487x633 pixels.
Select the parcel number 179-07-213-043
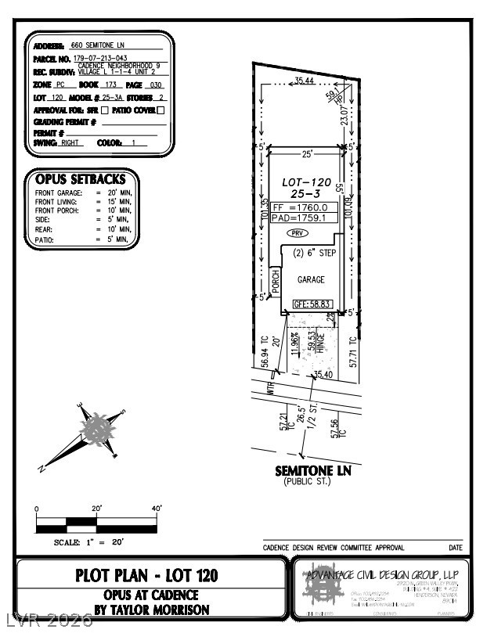(101, 57)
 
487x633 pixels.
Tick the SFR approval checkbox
(106, 110)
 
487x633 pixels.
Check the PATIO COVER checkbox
(161, 110)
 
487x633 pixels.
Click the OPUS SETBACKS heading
(81, 179)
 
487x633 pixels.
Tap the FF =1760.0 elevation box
(304, 208)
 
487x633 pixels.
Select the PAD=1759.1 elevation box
(304, 219)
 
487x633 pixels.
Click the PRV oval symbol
(298, 233)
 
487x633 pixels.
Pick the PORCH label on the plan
(276, 282)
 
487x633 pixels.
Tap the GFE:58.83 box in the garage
(310, 304)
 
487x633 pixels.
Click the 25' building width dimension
(308, 153)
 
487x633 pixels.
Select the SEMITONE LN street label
(313, 470)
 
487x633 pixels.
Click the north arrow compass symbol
(96, 430)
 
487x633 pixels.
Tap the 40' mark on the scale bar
(157, 509)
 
